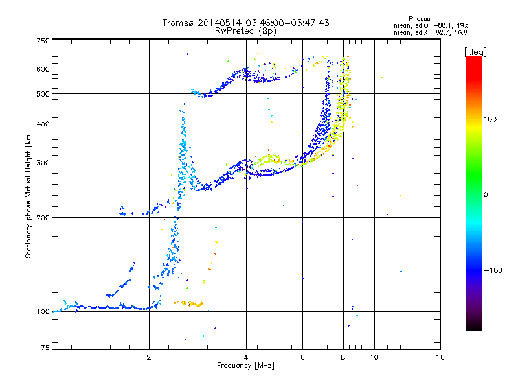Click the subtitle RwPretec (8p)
pyautogui.click(x=245, y=31)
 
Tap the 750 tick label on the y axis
pyautogui.click(x=43, y=41)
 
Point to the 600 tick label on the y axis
pyautogui.click(x=43, y=69)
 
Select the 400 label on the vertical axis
pyautogui.click(x=43, y=124)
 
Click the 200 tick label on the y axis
pyautogui.click(x=43, y=218)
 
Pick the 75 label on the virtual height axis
pyautogui.click(x=45, y=348)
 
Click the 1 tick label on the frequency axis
pyautogui.click(x=52, y=357)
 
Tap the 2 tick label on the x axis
pyautogui.click(x=149, y=357)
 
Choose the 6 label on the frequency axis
pyautogui.click(x=302, y=357)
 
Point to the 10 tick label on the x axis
pyautogui.click(x=374, y=357)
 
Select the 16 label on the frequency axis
pyautogui.click(x=440, y=357)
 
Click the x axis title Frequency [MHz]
pyautogui.click(x=245, y=366)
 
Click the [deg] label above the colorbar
pyautogui.click(x=475, y=52)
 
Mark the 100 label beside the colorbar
pyautogui.click(x=490, y=119)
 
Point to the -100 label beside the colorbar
pyautogui.click(x=493, y=270)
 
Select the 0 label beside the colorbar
pyautogui.click(x=486, y=195)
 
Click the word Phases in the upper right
pyautogui.click(x=419, y=19)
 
